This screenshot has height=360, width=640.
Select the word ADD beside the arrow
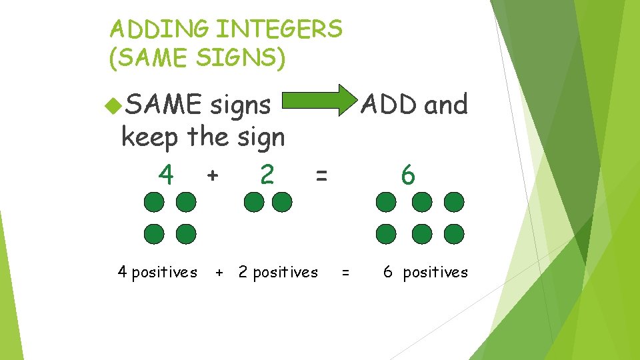pyautogui.click(x=389, y=105)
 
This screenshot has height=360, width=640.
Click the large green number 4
pyautogui.click(x=166, y=175)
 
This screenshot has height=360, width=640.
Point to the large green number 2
pyautogui.click(x=267, y=175)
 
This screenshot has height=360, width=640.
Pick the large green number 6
pyautogui.click(x=408, y=176)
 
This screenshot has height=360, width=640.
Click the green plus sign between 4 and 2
pyautogui.click(x=212, y=176)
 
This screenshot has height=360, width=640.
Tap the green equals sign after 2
pyautogui.click(x=321, y=176)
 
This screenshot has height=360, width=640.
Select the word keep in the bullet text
pyautogui.click(x=151, y=138)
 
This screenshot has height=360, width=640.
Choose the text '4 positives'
pyautogui.click(x=157, y=272)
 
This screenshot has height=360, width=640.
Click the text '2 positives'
pyautogui.click(x=278, y=272)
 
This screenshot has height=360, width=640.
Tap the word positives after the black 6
pyautogui.click(x=435, y=272)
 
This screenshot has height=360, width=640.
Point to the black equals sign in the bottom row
pyautogui.click(x=345, y=273)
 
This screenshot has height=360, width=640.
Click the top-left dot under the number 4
pyautogui.click(x=154, y=202)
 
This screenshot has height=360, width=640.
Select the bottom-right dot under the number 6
pyautogui.click(x=453, y=233)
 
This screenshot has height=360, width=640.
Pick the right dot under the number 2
pyautogui.click(x=282, y=202)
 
